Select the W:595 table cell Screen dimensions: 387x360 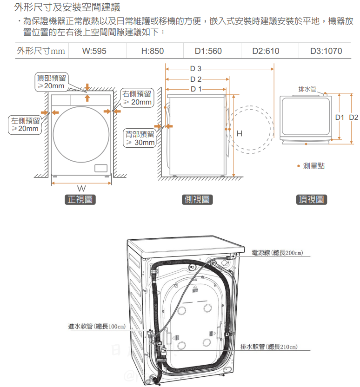coord(94,51)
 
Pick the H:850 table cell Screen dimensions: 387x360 coord(152,51)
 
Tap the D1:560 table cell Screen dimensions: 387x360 coord(208,51)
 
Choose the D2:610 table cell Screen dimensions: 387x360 coord(266,51)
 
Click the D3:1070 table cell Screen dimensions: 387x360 coord(326,51)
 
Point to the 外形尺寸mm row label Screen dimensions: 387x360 coord(40,51)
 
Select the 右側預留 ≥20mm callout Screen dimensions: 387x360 coord(137,98)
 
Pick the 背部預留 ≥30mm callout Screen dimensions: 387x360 coord(140,138)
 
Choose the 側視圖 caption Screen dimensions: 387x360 coord(197,200)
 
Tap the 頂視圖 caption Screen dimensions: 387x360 coord(312,200)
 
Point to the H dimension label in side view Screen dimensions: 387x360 coord(240,134)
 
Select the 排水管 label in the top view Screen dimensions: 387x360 coord(307,89)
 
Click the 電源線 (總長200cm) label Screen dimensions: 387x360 coord(277,253)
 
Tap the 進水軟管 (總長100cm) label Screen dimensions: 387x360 coord(97,327)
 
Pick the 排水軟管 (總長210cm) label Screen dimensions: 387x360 coord(269,347)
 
